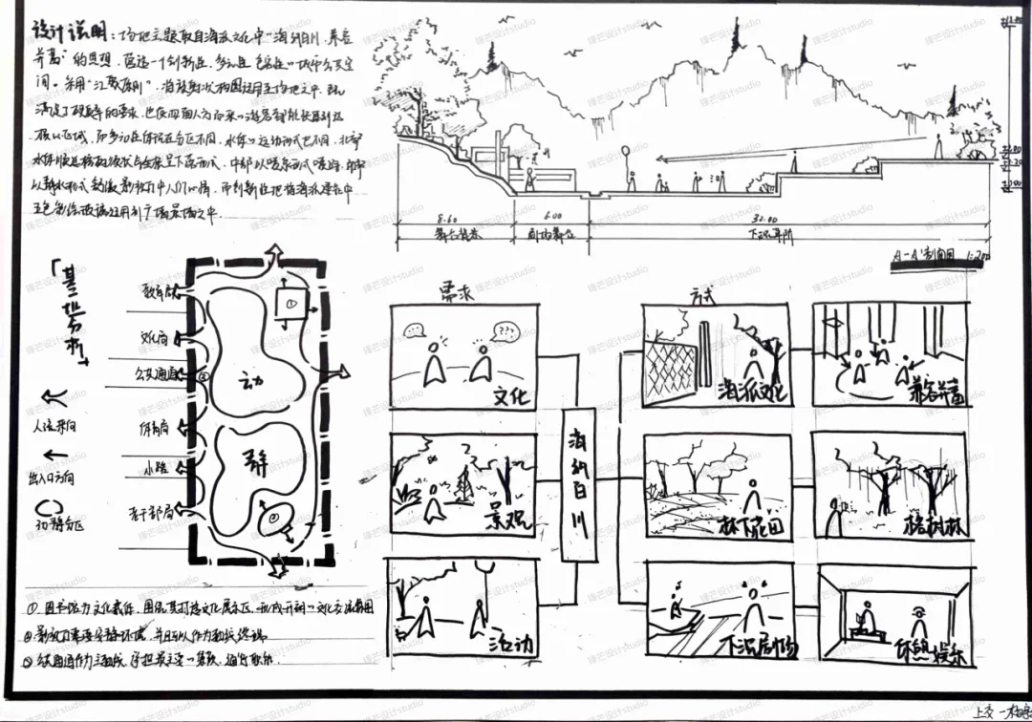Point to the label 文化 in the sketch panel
click(510, 395)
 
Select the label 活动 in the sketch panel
click(509, 639)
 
